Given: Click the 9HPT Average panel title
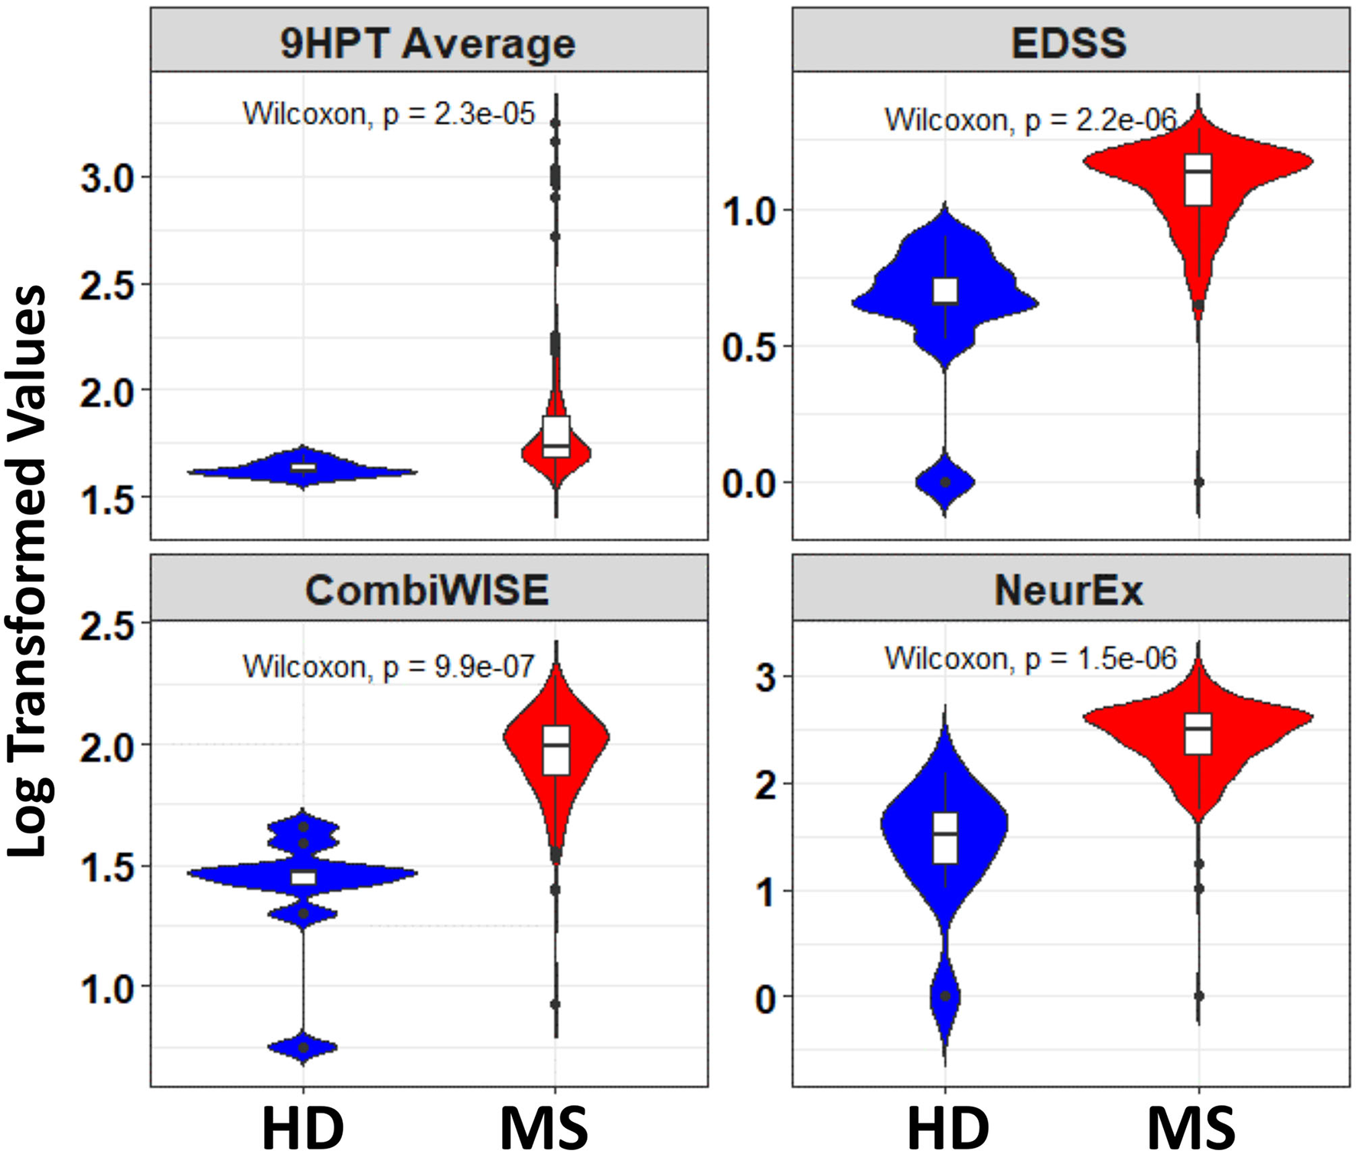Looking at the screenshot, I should click(428, 43).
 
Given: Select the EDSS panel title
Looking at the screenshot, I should click(1069, 43).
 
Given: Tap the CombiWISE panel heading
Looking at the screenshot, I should click(428, 590).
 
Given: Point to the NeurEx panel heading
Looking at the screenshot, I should click(1069, 590).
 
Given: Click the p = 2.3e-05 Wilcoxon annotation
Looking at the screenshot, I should click(389, 114).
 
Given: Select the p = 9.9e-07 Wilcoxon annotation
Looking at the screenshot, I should click(389, 667).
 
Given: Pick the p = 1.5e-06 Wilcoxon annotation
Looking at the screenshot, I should click(1030, 658).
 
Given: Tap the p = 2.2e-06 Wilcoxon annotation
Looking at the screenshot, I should click(1030, 120).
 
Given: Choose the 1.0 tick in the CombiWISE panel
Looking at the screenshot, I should click(107, 989).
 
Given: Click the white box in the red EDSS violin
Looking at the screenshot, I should click(1198, 180).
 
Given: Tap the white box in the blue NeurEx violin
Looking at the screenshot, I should click(945, 838).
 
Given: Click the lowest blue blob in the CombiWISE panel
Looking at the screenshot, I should click(303, 1047).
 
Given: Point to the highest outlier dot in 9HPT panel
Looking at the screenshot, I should click(556, 122).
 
